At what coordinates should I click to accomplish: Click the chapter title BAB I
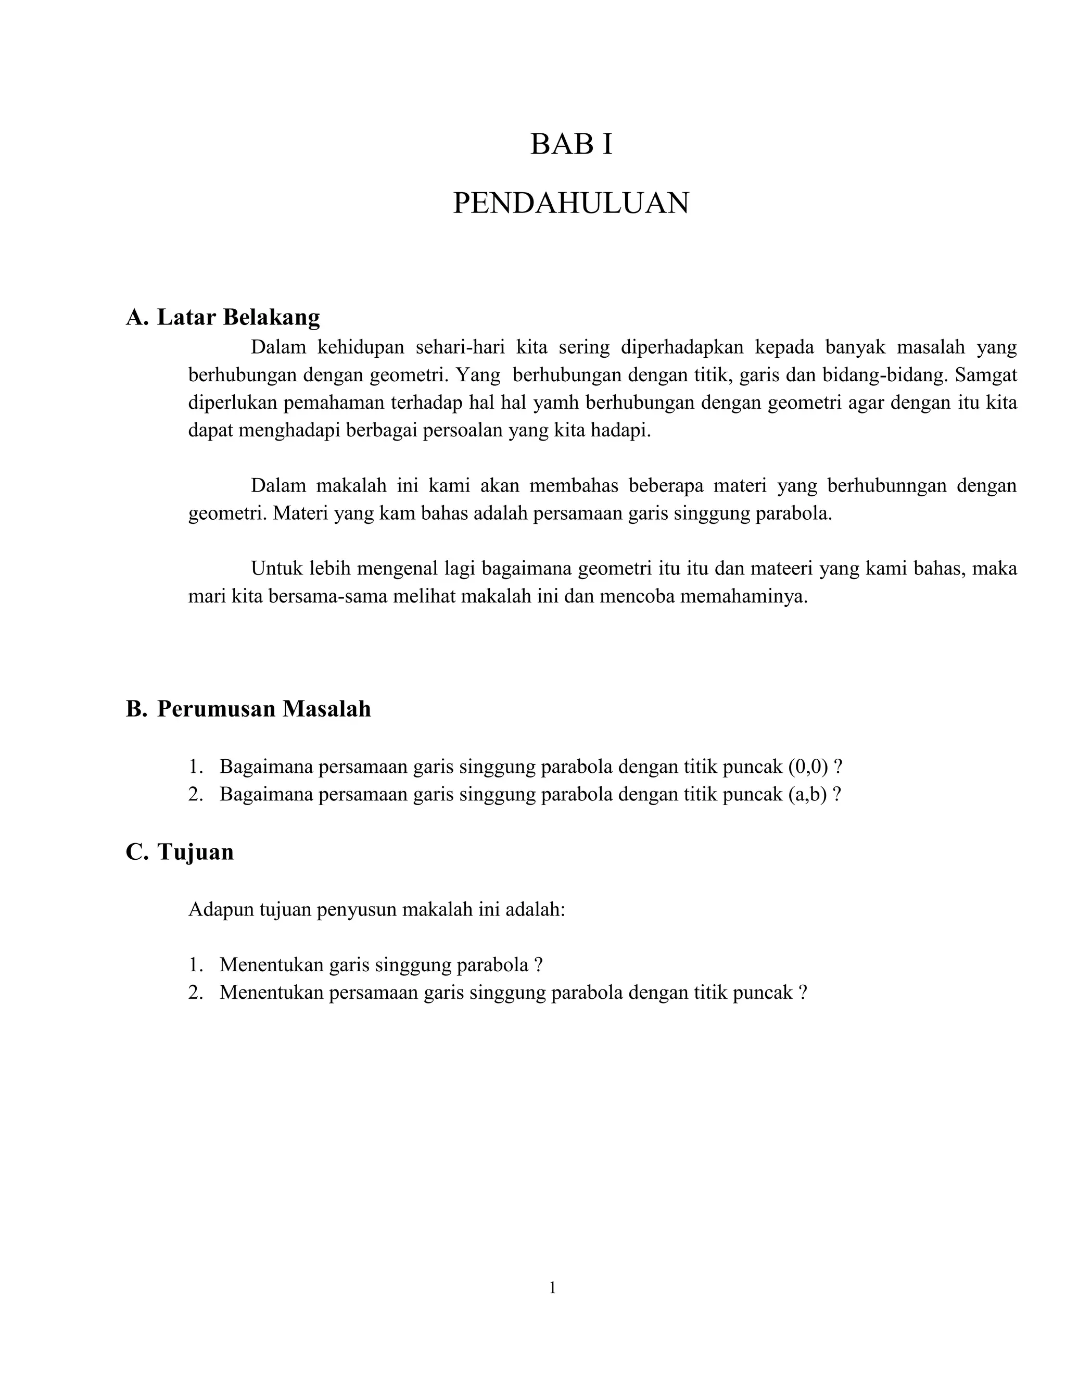[571, 145]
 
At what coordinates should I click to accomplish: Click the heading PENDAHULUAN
[571, 204]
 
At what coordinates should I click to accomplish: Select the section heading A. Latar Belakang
[223, 317]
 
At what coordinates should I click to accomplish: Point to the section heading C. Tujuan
[180, 852]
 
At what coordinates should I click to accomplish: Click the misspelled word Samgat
[986, 375]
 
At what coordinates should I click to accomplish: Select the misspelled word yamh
[556, 403]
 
